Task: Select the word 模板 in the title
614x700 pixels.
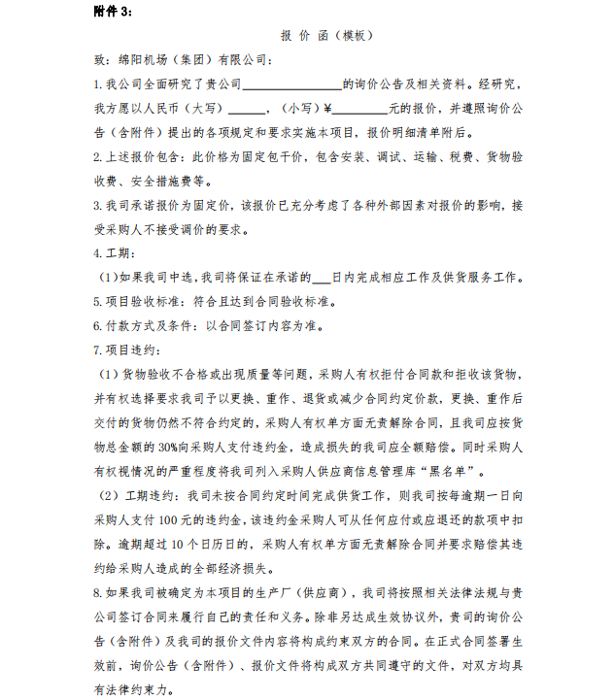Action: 352,36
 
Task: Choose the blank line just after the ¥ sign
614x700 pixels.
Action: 360,109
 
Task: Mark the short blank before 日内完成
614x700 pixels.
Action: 321,277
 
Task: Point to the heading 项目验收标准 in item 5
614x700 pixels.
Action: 153,300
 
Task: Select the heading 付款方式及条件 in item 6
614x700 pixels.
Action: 158,324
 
